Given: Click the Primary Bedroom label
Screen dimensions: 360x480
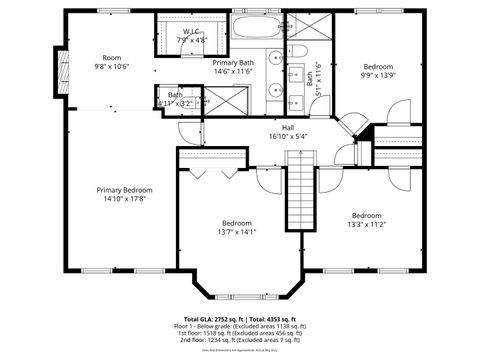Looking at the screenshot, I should [124, 190].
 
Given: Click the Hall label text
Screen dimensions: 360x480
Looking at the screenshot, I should [287, 127].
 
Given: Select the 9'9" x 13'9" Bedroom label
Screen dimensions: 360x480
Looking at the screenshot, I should [378, 67].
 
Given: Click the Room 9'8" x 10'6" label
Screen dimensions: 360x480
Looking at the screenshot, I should [111, 62].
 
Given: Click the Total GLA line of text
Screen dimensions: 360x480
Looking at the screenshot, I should [240, 319].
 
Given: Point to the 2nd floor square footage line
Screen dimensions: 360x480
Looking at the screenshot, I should [240, 340].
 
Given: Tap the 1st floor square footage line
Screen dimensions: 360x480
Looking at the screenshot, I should [240, 333].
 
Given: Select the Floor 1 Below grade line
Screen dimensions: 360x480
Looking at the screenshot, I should [240, 326].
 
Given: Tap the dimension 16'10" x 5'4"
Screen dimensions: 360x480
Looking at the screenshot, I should [287, 136].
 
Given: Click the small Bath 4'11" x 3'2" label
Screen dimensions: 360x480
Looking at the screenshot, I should [175, 99].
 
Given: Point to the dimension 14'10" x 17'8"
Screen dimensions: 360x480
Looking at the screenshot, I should [124, 199].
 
